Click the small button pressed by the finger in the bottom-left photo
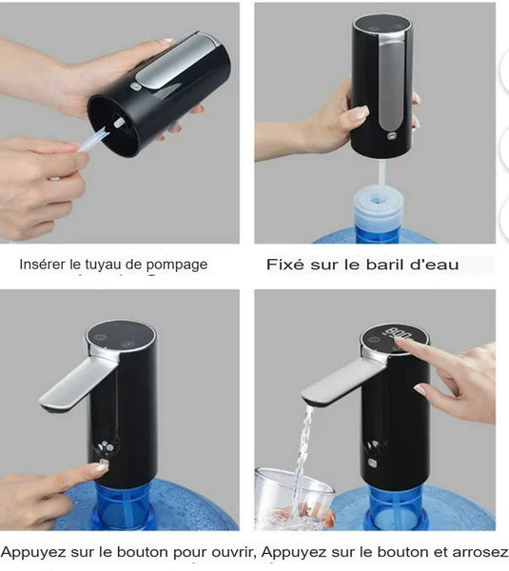point(104,464)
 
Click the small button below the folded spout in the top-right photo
point(392,136)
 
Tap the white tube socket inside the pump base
point(119,122)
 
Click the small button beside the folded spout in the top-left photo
point(135,87)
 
